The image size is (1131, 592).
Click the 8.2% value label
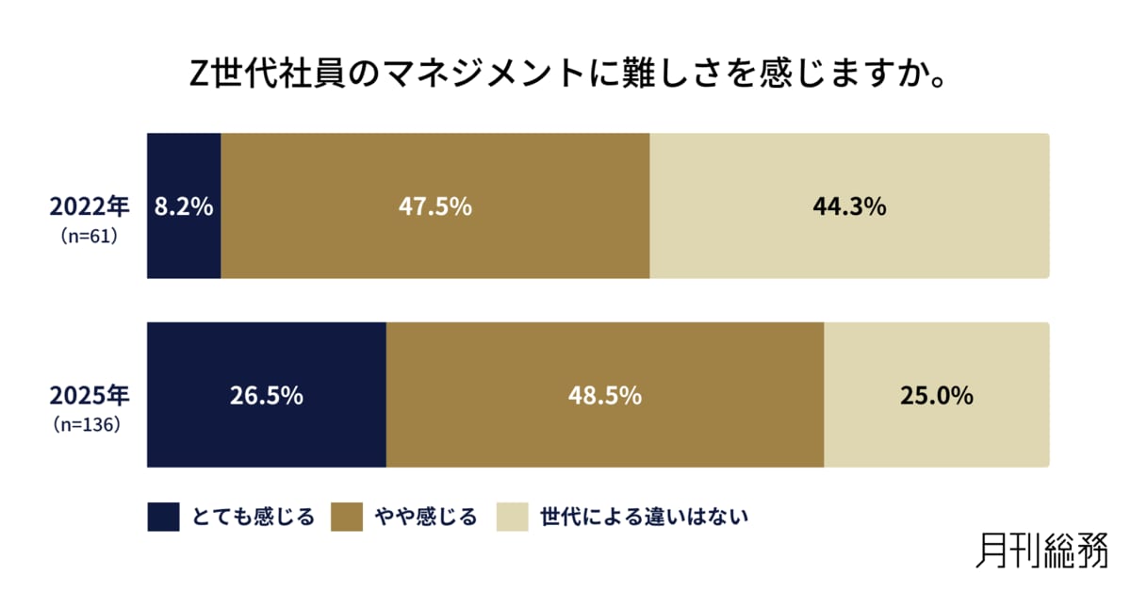coord(185,206)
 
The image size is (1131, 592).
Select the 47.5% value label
coord(434,206)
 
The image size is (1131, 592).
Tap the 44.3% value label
coord(849,206)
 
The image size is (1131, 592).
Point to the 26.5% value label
coord(267,396)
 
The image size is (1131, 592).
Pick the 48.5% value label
coord(605,396)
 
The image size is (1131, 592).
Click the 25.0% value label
coord(936,396)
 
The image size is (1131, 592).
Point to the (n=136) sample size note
coord(87,425)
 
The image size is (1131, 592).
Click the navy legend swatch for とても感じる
coord(163,517)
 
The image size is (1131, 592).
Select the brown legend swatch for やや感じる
coord(348,517)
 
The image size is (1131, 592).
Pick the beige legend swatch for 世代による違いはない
coord(513,517)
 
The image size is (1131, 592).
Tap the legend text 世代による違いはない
coord(644,517)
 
